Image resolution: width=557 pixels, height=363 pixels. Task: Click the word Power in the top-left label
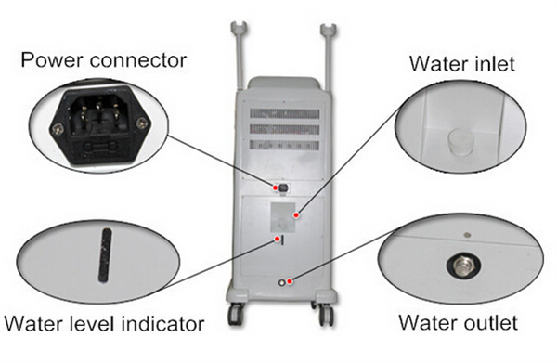click(x=52, y=60)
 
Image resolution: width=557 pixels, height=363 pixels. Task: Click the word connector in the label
click(x=138, y=60)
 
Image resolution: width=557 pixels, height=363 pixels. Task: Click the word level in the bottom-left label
click(x=91, y=324)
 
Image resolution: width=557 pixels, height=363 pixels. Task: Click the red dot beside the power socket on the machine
click(x=275, y=188)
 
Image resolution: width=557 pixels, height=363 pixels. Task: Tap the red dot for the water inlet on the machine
click(x=296, y=214)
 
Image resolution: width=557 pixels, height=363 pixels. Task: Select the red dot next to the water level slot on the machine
click(x=277, y=239)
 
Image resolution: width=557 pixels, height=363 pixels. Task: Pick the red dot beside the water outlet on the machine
click(x=290, y=281)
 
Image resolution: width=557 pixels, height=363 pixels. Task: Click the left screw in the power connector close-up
click(x=57, y=130)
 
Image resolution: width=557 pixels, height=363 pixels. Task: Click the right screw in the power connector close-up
click(x=141, y=123)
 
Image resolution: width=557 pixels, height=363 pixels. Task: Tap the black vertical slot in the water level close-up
click(x=104, y=255)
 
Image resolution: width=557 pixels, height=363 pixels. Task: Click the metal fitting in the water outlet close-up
click(x=463, y=266)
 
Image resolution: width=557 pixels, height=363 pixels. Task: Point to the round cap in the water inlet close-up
click(x=460, y=142)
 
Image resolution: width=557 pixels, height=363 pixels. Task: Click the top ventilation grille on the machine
click(x=285, y=113)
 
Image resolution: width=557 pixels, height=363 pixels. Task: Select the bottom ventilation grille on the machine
click(x=285, y=145)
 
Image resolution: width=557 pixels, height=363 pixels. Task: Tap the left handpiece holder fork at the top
click(x=240, y=29)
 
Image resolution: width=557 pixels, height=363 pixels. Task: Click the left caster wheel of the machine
click(x=235, y=314)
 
